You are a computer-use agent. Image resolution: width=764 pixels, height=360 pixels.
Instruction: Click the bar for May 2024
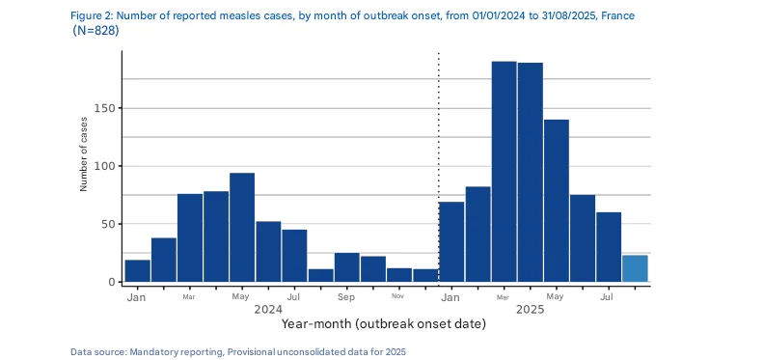pos(242,228)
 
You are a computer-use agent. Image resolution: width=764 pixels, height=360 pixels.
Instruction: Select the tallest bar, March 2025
pos(504,172)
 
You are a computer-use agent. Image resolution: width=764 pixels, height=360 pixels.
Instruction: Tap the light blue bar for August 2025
pos(635,268)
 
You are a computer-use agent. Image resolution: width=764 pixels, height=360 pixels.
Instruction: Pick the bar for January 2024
pos(137,271)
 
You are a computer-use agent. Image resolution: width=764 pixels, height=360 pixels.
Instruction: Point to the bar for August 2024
pos(320,276)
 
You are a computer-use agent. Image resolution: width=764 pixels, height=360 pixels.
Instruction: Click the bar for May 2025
pos(557,201)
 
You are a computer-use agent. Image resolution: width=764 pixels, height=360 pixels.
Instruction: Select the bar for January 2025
pos(451,242)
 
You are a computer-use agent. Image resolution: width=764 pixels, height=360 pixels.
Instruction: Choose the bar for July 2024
pos(294,256)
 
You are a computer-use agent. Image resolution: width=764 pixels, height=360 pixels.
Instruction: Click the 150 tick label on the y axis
pos(105,108)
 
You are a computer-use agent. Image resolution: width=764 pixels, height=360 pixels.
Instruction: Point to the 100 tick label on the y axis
pos(105,166)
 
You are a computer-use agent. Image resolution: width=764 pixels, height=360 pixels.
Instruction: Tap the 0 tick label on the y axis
pos(113,282)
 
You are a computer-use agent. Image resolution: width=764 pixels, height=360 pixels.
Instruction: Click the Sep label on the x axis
pos(345,296)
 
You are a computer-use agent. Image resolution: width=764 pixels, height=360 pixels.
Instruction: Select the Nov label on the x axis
pos(397,296)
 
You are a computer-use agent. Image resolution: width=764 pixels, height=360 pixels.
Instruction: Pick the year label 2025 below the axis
pos(531,309)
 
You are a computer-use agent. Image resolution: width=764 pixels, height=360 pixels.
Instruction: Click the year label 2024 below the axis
pos(268,309)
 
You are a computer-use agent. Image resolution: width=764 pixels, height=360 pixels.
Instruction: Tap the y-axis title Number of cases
pos(83,154)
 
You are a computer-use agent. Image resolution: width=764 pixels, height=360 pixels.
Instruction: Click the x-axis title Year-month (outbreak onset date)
pos(384,323)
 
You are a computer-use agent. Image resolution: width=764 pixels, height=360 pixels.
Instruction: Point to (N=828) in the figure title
pos(95,30)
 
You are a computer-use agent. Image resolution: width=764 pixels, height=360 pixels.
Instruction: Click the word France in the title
pos(617,15)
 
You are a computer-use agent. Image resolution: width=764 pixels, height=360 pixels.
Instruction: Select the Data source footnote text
pos(238,351)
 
